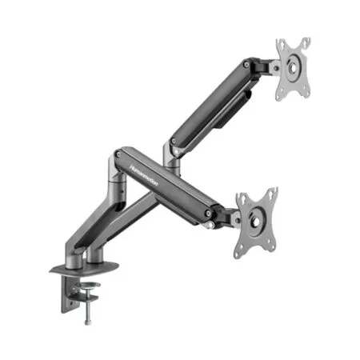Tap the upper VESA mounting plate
click(x=292, y=70)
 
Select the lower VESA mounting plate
click(x=256, y=222)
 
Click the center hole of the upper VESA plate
click(x=293, y=70)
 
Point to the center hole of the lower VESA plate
click(x=256, y=223)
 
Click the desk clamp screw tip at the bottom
click(x=86, y=321)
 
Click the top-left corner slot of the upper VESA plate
click(x=281, y=44)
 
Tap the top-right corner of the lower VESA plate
click(x=274, y=192)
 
